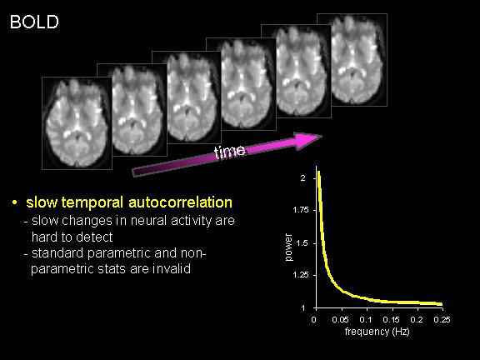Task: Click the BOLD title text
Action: [34, 22]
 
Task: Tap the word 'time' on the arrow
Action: [230, 152]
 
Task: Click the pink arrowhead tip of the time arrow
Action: [322, 137]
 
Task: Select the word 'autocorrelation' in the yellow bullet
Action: [180, 202]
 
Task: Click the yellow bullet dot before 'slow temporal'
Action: [14, 202]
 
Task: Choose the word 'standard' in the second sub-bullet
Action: [57, 253]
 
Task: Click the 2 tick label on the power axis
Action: [303, 178]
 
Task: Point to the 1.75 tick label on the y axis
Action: [301, 210]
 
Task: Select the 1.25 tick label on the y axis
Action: [301, 275]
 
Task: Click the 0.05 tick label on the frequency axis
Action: [340, 320]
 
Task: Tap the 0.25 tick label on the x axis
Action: [442, 320]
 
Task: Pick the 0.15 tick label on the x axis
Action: [391, 320]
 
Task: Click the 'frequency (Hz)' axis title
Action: [377, 332]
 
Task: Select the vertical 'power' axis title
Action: [288, 247]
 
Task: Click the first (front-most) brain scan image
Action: [77, 123]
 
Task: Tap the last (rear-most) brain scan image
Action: [352, 60]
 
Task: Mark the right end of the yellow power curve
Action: [442, 304]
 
